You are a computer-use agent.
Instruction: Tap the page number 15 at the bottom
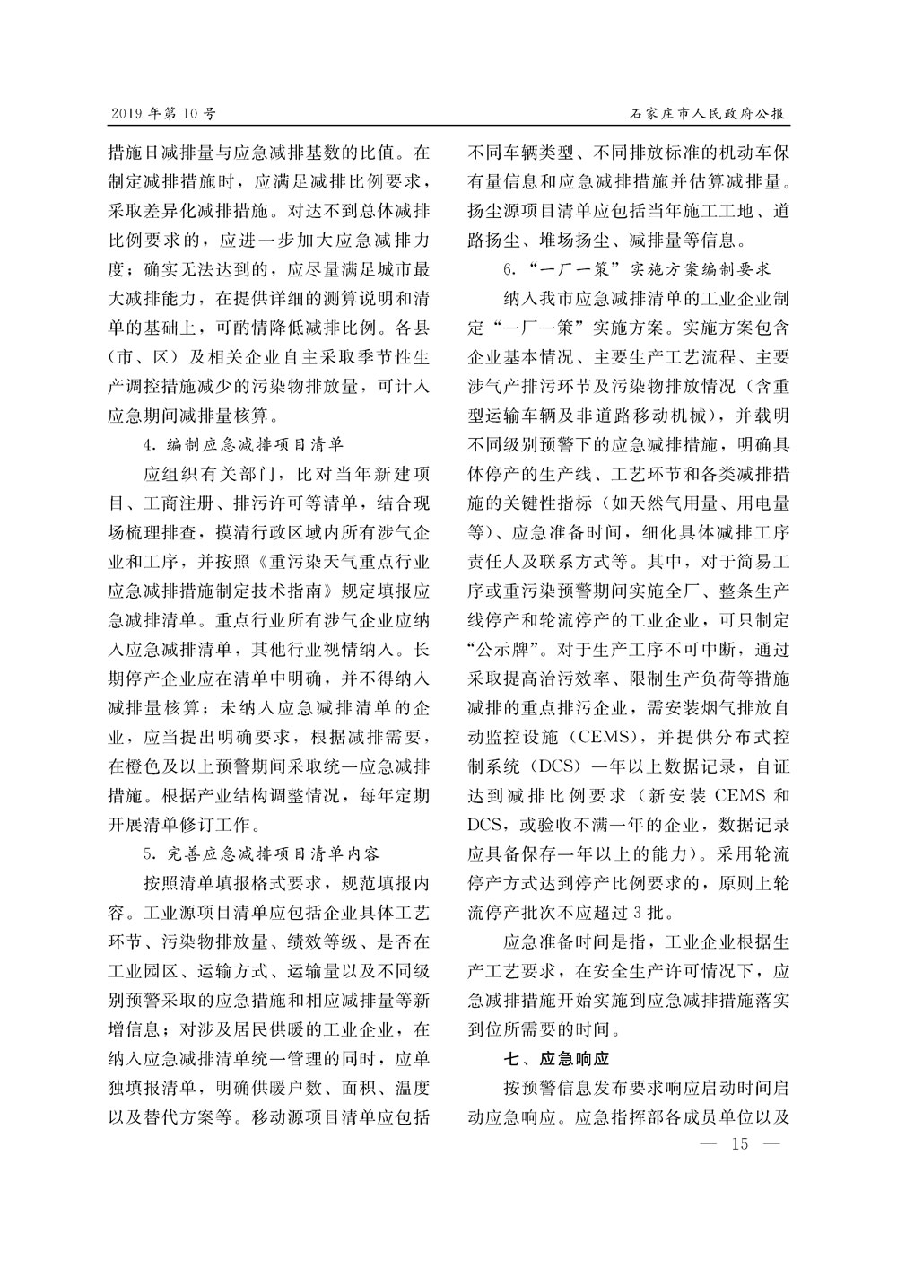tap(740, 1143)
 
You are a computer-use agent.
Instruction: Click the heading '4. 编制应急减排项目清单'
tap(243, 443)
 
